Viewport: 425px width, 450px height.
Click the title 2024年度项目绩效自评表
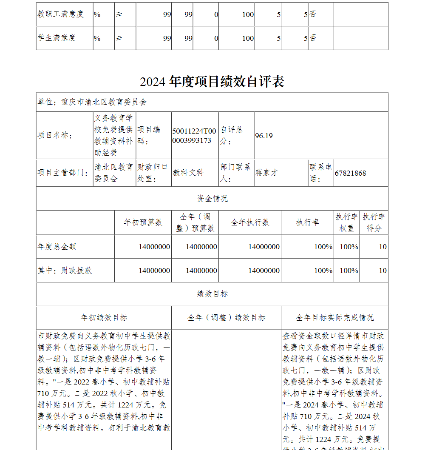point(212,82)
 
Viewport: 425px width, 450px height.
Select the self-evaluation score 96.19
point(264,136)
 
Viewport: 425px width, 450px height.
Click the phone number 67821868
point(350,173)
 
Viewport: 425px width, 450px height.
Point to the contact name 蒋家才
point(266,173)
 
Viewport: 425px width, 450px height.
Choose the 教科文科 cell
point(188,173)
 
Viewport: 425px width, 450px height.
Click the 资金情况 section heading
point(212,199)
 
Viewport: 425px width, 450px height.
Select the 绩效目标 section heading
point(212,294)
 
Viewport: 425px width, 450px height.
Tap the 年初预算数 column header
point(143,222)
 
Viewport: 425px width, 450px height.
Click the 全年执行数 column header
point(250,222)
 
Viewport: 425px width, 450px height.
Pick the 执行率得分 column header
point(374,222)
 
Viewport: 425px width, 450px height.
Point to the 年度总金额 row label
point(57,247)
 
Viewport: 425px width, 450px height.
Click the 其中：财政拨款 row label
point(65,271)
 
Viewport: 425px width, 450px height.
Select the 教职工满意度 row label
point(61,14)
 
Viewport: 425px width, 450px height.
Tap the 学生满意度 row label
point(57,38)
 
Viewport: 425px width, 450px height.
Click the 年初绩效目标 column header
point(104,318)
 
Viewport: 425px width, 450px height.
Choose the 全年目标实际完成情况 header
point(334,318)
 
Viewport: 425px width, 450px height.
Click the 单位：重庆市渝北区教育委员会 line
point(92,102)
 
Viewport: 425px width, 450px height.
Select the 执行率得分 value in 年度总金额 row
point(382,247)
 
